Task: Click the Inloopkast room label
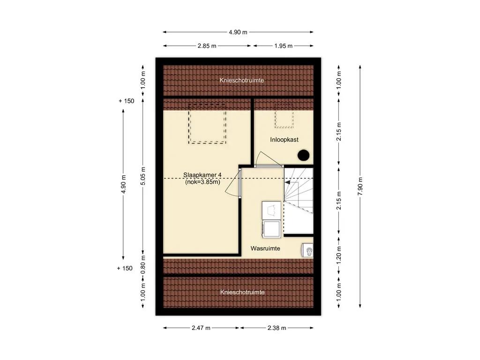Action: pos(284,140)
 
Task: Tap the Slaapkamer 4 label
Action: pos(202,175)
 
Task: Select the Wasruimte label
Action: pos(265,248)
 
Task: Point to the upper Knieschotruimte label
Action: pos(241,80)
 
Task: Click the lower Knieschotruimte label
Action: pos(242,292)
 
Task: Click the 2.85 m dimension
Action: pos(207,46)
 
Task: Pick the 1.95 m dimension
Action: pos(283,46)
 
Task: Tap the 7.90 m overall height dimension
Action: pos(360,186)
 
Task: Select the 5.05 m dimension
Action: pos(143,176)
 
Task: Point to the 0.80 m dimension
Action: pos(143,265)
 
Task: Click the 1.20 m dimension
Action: pos(338,255)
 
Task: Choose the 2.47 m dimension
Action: pos(201,328)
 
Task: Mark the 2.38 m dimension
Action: pos(277,328)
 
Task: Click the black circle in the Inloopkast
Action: pos(303,155)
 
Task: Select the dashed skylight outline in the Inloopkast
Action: pos(275,116)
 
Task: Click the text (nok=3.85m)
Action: pos(202,182)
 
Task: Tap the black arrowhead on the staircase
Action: pos(287,182)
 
